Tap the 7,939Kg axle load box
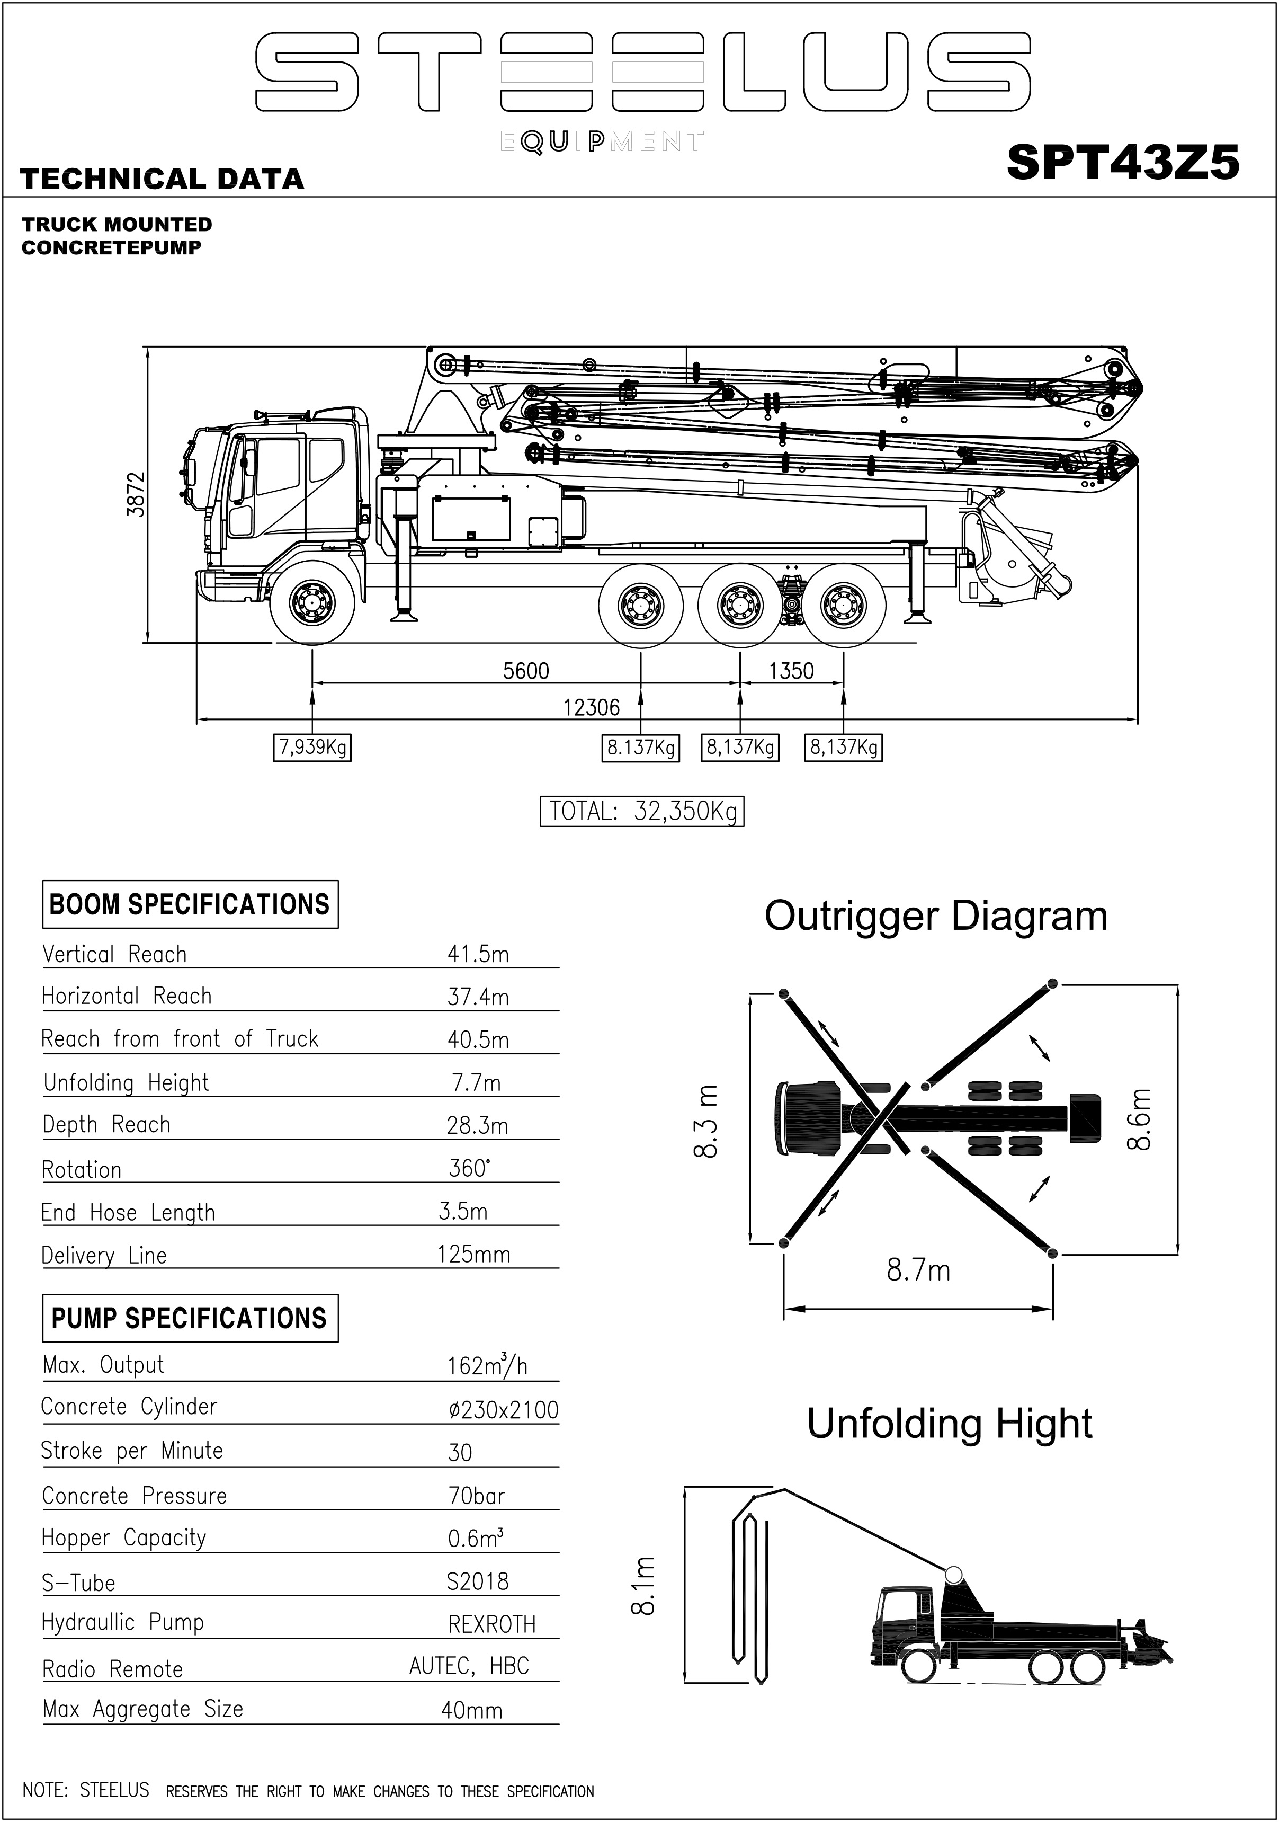[312, 748]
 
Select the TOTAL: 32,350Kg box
[642, 811]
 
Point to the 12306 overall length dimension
[591, 707]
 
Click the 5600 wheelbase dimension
[526, 671]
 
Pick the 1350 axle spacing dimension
[791, 671]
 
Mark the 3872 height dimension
[137, 494]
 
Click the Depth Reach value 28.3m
[478, 1125]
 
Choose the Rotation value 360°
[469, 1168]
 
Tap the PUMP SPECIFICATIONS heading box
[190, 1318]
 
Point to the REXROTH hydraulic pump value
[492, 1624]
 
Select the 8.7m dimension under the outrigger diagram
[918, 1270]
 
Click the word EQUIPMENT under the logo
[602, 142]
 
